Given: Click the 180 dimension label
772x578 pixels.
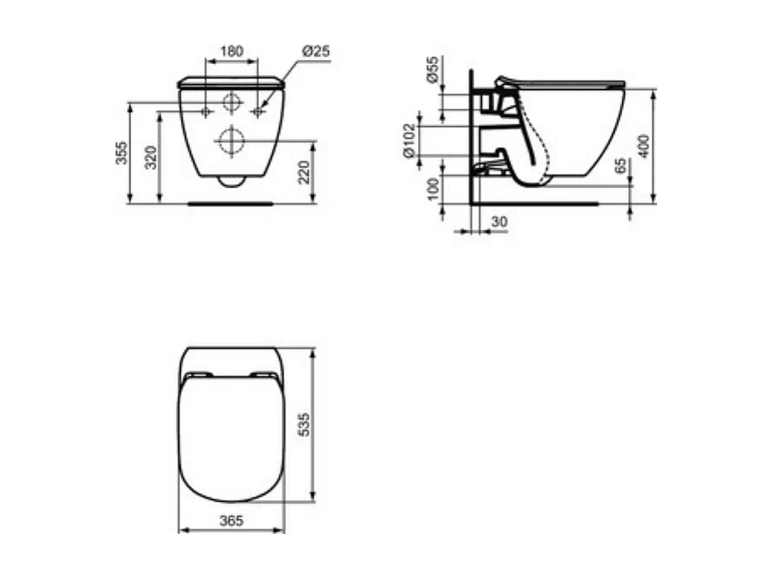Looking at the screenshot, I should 231,51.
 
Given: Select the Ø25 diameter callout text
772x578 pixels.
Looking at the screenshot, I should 315,51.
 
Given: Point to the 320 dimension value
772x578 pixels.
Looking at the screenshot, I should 151,156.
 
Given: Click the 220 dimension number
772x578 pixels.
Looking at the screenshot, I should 304,172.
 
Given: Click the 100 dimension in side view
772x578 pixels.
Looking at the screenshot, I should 433,189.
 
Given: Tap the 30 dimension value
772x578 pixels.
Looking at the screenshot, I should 499,223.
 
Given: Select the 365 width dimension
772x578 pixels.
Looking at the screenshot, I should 232,520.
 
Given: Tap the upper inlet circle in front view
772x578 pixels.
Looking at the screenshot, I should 232,102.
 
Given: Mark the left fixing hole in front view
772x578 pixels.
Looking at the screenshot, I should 206,112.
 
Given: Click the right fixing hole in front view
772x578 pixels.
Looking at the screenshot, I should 257,112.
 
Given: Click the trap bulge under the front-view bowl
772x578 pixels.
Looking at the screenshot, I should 231,180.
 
